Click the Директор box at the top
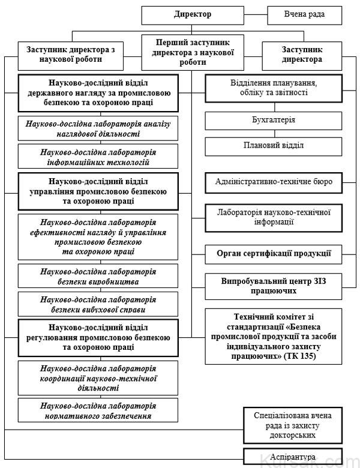pos(193,14)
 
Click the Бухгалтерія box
pos(274,120)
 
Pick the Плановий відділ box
pos(274,146)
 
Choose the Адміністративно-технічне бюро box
pos(274,181)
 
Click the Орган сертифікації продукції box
pos(274,254)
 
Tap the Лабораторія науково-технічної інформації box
pos(274,217)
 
